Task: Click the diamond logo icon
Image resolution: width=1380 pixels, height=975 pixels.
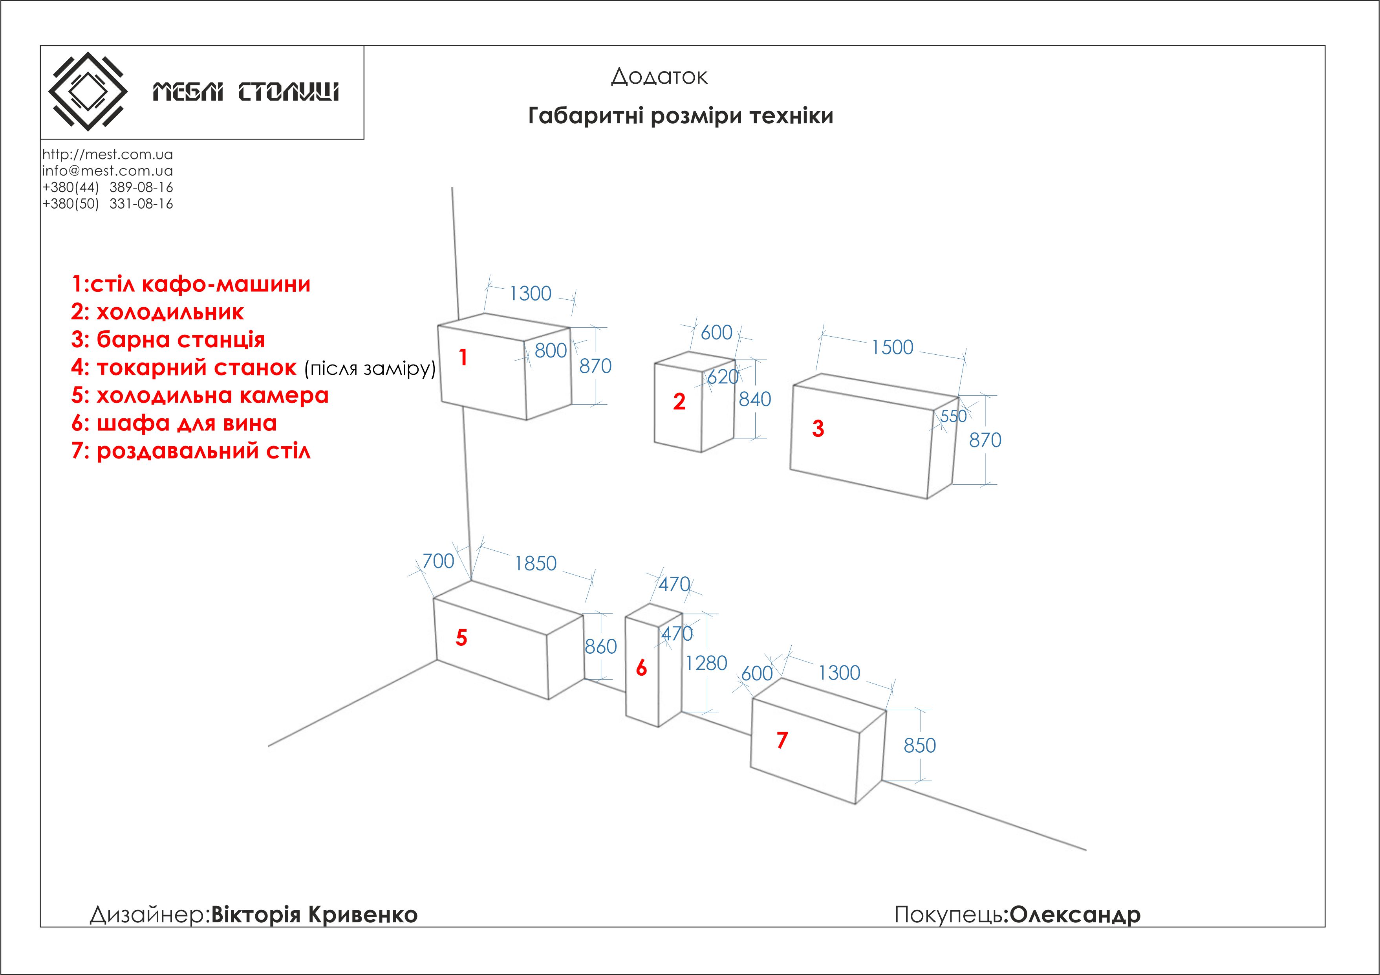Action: click(88, 92)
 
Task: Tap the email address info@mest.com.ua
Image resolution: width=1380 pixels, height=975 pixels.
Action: click(108, 171)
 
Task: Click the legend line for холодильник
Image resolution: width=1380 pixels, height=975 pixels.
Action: click(157, 312)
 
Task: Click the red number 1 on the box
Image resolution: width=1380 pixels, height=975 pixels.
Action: click(463, 357)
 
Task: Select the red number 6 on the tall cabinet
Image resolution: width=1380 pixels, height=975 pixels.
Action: click(641, 668)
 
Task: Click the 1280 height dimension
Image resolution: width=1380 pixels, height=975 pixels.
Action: click(706, 663)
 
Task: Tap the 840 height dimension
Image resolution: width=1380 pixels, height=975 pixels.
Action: click(754, 399)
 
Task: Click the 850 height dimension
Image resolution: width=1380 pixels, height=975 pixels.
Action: click(920, 745)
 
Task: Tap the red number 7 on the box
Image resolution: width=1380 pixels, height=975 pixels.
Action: click(782, 740)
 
